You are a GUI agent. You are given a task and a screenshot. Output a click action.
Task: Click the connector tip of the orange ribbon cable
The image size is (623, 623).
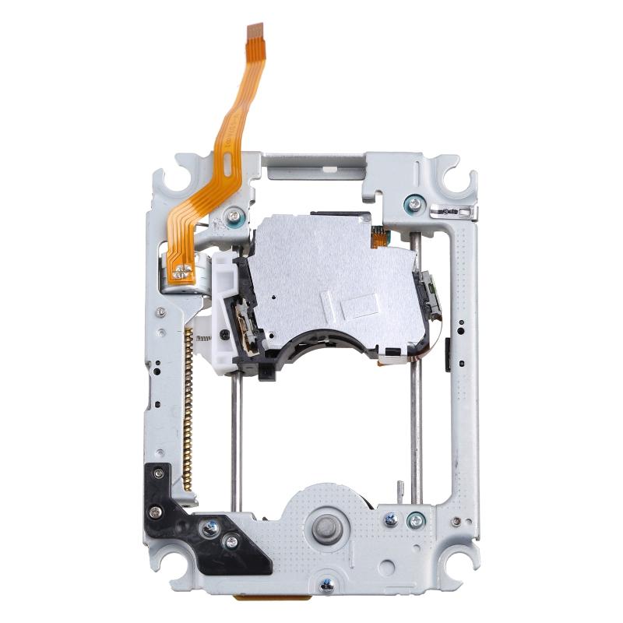(x=255, y=31)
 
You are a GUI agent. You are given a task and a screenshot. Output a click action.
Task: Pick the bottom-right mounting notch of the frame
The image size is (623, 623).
(x=459, y=589)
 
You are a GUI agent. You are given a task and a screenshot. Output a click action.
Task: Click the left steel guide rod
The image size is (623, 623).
(x=235, y=436)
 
